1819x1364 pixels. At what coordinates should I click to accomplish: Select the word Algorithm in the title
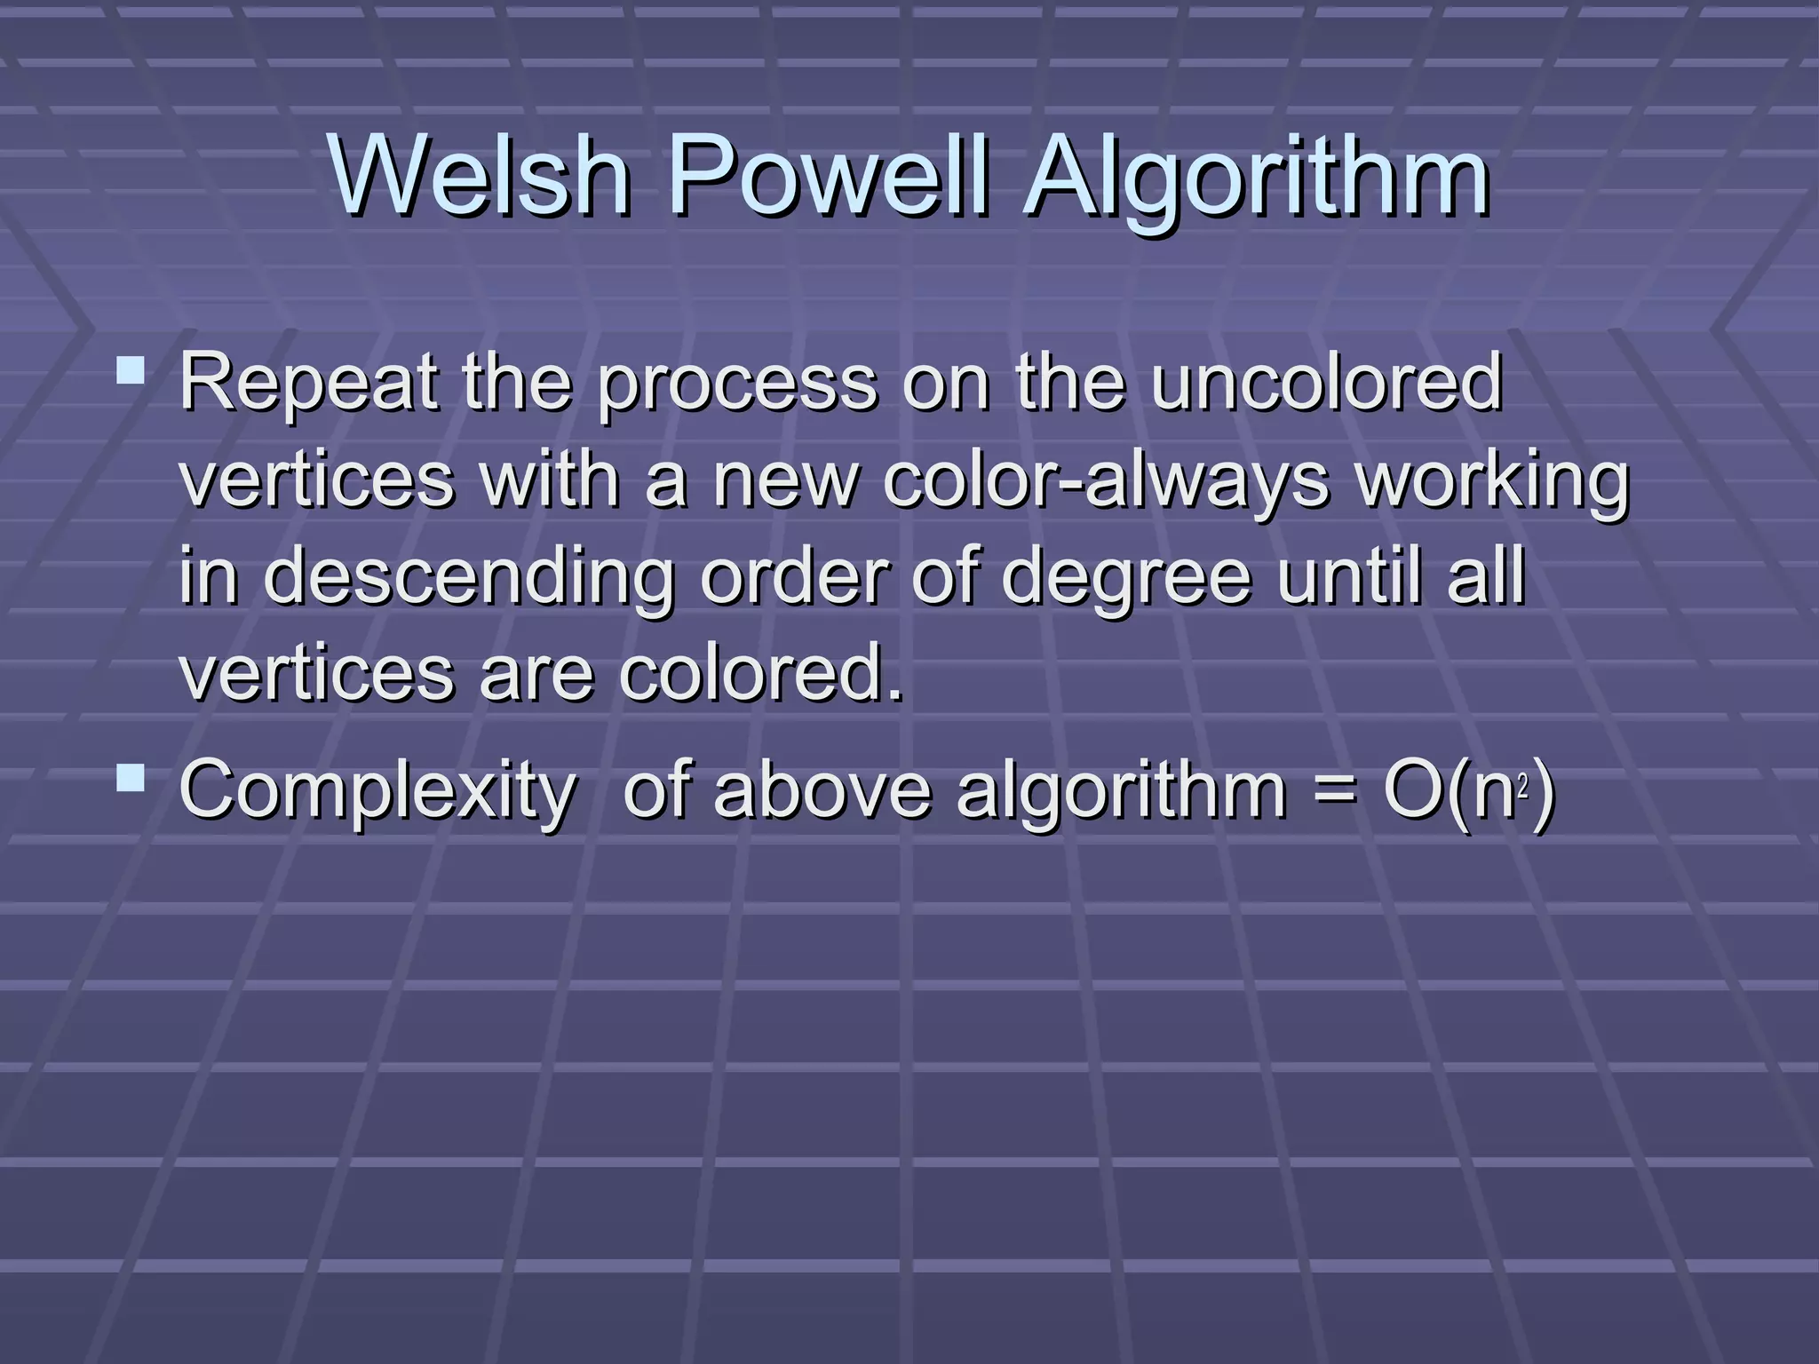click(x=1256, y=178)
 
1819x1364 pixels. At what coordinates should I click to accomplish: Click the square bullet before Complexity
click(x=131, y=778)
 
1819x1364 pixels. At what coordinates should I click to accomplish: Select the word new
click(x=785, y=481)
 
